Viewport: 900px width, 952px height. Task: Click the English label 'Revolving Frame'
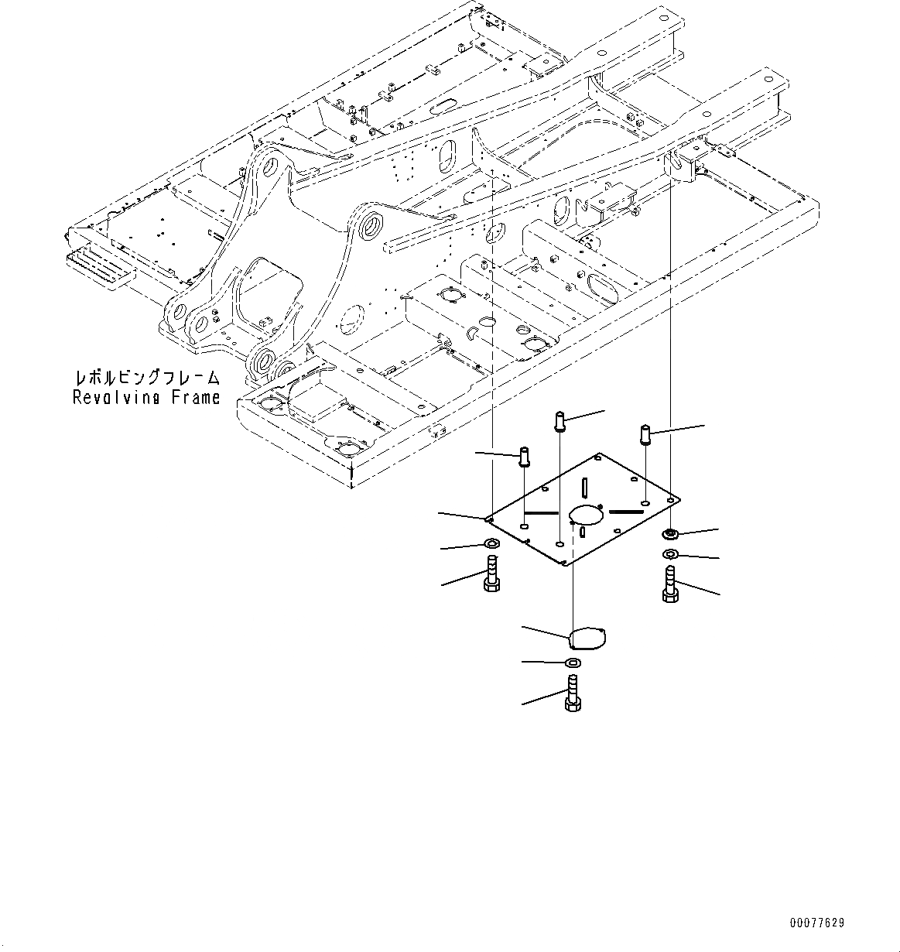(146, 398)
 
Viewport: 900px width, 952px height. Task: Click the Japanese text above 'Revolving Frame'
(146, 378)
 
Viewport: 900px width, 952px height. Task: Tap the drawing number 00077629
(817, 923)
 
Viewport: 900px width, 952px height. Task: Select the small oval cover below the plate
(587, 639)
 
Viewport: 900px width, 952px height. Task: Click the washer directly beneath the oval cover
(573, 663)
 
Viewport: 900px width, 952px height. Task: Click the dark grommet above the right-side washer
(671, 534)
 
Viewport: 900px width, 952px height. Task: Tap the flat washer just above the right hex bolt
(671, 554)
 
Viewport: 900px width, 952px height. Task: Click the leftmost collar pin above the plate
(524, 457)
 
